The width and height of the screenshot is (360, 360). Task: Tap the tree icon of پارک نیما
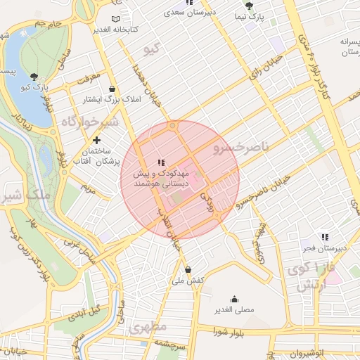coord(248,5)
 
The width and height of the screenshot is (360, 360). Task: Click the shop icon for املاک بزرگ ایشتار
coord(113,89)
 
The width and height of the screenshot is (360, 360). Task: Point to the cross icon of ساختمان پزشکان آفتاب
coord(96,141)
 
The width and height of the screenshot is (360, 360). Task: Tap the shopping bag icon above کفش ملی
coord(188,269)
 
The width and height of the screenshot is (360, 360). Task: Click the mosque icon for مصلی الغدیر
coord(234,299)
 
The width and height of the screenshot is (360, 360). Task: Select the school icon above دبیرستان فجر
coord(324,238)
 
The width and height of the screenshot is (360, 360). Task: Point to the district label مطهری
coord(148,328)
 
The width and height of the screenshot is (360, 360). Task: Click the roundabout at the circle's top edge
coord(172,127)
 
